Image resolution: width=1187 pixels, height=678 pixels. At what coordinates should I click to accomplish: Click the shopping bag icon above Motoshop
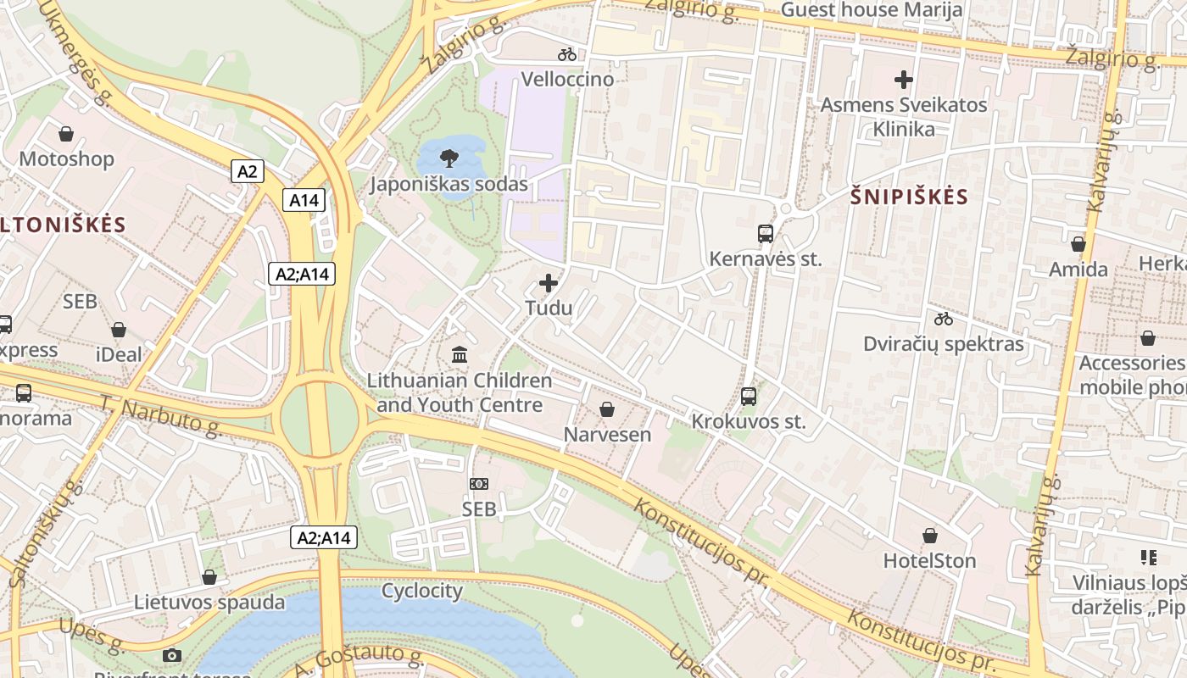point(66,134)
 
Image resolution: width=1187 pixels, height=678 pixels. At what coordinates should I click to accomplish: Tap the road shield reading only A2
point(247,171)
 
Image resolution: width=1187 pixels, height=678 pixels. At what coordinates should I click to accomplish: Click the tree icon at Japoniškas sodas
point(449,158)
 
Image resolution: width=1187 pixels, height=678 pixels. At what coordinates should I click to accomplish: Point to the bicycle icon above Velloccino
point(567,54)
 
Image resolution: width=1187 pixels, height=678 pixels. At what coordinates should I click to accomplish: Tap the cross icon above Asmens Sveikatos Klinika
point(904,80)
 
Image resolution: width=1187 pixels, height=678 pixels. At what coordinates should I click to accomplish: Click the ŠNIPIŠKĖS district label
point(909,197)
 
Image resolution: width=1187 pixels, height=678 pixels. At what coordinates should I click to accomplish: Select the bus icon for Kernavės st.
point(765,233)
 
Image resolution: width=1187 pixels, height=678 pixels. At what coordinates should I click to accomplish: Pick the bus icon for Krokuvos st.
point(748,396)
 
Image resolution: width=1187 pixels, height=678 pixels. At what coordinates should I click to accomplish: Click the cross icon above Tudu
point(549,283)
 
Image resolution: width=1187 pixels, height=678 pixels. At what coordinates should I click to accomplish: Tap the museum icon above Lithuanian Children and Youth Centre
point(460,354)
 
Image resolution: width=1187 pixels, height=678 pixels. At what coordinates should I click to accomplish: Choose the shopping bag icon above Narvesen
point(607,409)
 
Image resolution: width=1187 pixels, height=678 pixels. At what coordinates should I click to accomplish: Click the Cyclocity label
point(422,591)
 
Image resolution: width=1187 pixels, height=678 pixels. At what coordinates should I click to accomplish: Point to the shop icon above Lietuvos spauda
point(209,577)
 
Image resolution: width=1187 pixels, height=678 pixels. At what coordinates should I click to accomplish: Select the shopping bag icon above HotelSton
point(930,536)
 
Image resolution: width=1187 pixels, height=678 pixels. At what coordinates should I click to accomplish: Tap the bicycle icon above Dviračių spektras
point(944,319)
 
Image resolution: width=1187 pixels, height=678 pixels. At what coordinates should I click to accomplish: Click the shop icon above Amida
point(1078,244)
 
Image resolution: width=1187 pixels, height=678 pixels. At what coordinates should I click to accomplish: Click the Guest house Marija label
point(871,10)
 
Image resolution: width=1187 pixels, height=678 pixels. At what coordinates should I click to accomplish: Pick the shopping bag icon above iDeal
point(119,330)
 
